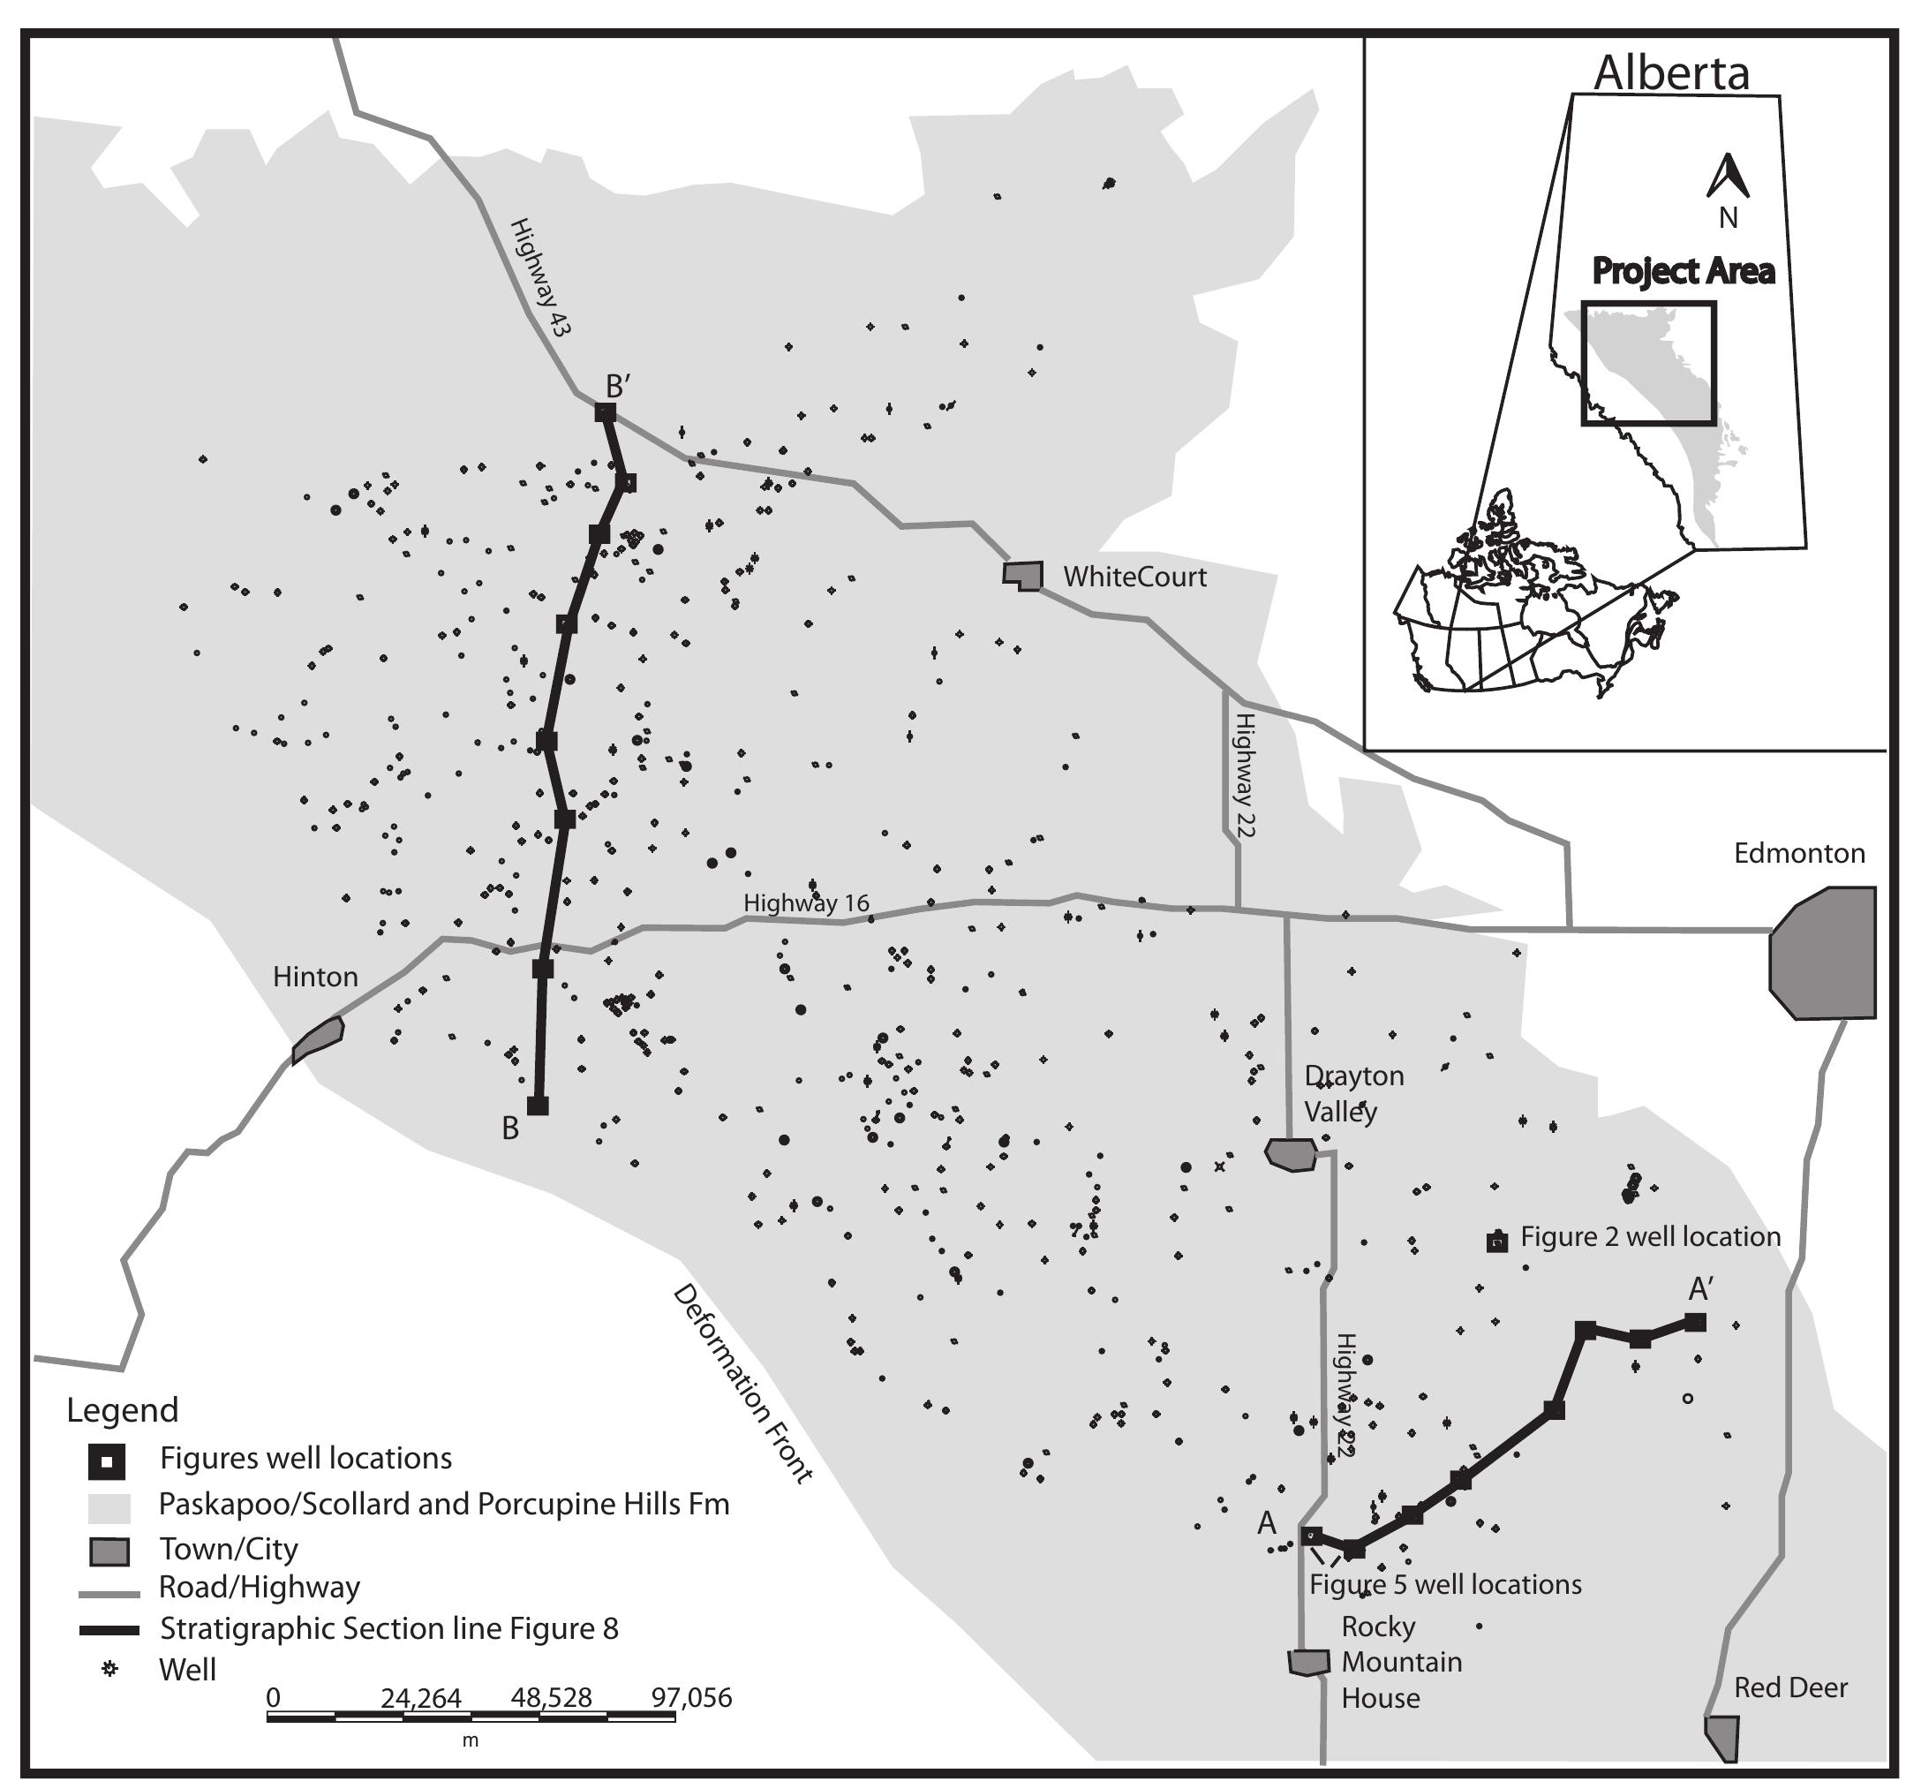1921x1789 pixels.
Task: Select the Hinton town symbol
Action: (318, 1039)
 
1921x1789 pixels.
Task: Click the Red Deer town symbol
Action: (1723, 1737)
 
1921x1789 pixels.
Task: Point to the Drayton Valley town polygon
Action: (1291, 1155)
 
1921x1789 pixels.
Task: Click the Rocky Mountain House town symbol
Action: (1308, 1662)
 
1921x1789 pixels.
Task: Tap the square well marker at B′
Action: (606, 412)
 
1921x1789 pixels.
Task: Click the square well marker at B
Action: (538, 1105)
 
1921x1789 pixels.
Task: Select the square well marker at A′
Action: (1695, 1322)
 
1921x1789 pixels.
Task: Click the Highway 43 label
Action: (540, 276)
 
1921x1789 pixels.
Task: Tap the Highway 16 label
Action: (806, 902)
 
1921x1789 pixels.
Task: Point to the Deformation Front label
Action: (742, 1382)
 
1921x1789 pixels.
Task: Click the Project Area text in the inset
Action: (1683, 272)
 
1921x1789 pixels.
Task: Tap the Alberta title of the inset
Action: (1671, 73)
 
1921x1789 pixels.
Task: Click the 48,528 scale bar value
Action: (551, 1697)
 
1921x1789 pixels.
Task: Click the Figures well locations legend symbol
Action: (106, 1461)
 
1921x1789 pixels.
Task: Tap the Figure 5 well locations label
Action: (1444, 1584)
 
